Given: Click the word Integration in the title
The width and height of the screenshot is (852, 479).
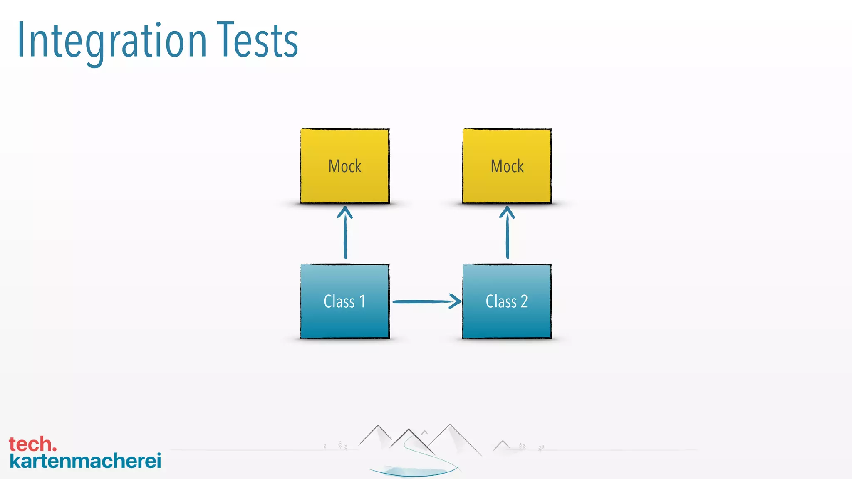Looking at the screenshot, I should point(111,41).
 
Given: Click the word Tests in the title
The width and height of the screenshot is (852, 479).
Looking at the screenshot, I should point(258,41).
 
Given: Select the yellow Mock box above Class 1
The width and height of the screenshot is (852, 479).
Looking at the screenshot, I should point(344,166).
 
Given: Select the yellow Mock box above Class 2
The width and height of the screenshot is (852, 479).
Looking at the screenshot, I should point(507,166).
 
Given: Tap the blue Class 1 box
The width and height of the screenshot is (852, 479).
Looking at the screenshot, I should point(344,301).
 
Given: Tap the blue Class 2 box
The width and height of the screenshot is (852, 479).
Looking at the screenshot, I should point(507,301).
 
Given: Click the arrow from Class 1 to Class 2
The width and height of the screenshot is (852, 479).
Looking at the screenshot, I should point(424,301).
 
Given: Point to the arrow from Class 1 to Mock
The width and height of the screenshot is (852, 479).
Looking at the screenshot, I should point(345,237).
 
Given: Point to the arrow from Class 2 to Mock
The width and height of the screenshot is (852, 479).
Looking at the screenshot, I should point(507,237).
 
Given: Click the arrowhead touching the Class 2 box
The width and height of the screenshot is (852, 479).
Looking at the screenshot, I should point(456,301).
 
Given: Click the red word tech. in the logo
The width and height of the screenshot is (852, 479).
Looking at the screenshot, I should point(32,444).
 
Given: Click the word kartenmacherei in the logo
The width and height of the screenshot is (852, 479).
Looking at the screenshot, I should point(85,461).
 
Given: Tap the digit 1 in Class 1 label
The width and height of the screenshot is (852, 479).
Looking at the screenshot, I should point(362,301).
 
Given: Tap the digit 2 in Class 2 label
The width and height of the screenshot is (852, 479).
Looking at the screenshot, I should point(524,301).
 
